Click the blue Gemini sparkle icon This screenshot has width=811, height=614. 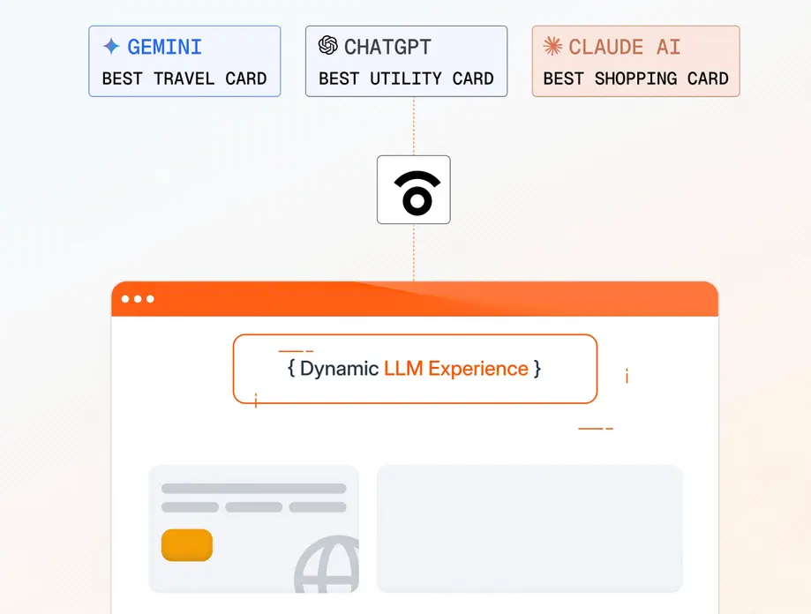tap(111, 47)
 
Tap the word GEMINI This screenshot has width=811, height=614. tap(164, 47)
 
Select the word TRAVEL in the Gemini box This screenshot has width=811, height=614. tap(184, 79)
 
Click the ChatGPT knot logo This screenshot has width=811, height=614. tap(328, 46)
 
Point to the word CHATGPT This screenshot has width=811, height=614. tap(387, 47)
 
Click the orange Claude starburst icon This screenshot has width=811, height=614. tap(552, 46)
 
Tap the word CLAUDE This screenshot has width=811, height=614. tap(605, 47)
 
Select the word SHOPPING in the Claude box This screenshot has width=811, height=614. tap(635, 79)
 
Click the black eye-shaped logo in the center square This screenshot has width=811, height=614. tap(417, 199)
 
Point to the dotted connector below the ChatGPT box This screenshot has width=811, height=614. tap(414, 126)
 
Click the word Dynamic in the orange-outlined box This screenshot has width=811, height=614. tap(339, 369)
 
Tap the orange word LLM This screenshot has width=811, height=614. tap(403, 369)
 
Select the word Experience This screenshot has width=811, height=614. tap(478, 369)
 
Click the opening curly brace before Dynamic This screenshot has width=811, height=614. tap(291, 369)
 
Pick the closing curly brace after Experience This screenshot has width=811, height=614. tap(537, 369)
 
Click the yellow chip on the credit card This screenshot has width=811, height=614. tap(187, 544)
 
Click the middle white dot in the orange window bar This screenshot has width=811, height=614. tap(138, 299)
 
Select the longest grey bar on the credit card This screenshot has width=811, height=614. tap(253, 489)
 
